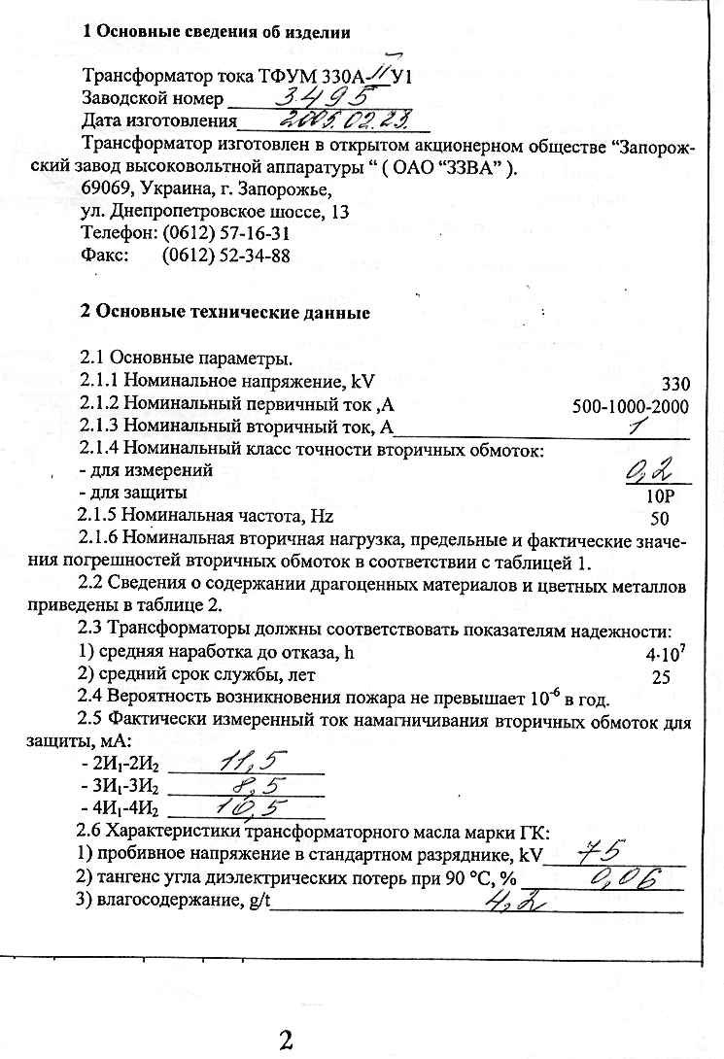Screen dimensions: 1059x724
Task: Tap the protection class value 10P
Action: coord(661,495)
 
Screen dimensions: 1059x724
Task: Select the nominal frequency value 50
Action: coord(660,519)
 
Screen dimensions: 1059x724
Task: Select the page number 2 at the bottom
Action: coord(286,1041)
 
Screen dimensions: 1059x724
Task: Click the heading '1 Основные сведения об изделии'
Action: coord(216,31)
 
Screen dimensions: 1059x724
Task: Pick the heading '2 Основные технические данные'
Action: coord(224,313)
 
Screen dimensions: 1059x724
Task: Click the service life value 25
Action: coord(661,677)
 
